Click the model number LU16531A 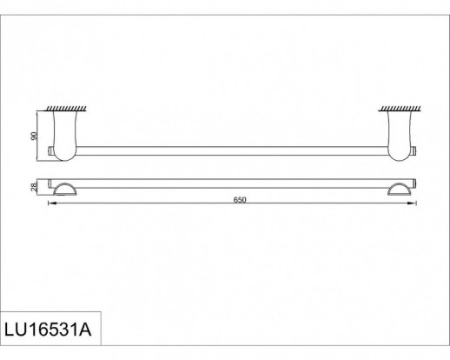48,330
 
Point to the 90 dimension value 34,136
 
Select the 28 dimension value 34,187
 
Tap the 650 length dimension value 240,200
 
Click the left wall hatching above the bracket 66,109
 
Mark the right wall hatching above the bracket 400,109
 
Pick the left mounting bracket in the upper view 65,136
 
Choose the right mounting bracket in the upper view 400,136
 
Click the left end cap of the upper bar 50,151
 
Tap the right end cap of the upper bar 414,151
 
